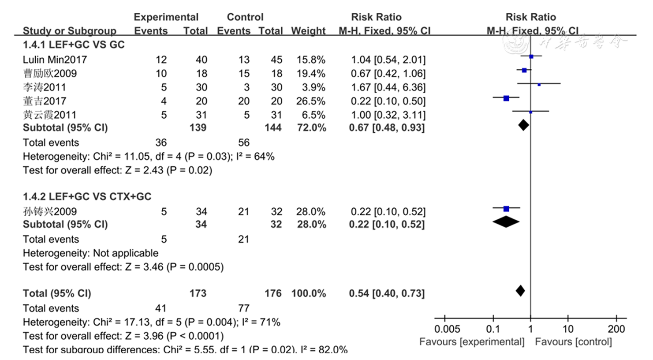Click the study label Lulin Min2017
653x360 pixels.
[x=55, y=60]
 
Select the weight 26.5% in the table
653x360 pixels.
[x=311, y=101]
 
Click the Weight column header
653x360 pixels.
[x=308, y=31]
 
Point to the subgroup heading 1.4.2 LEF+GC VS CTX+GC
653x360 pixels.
[x=87, y=197]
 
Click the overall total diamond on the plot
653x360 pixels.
[x=520, y=291]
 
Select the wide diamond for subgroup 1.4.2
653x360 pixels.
[x=506, y=222]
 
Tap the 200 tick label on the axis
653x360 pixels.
[x=616, y=329]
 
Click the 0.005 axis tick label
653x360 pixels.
[x=447, y=329]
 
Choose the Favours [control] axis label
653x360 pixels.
[x=573, y=342]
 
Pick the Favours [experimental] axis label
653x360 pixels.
[x=472, y=342]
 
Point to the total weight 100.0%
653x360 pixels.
[x=308, y=293]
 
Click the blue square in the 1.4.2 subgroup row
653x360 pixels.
[x=506, y=209]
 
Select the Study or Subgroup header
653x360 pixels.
[x=69, y=31]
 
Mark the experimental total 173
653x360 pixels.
[x=198, y=293]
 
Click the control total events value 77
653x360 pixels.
[x=243, y=308]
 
